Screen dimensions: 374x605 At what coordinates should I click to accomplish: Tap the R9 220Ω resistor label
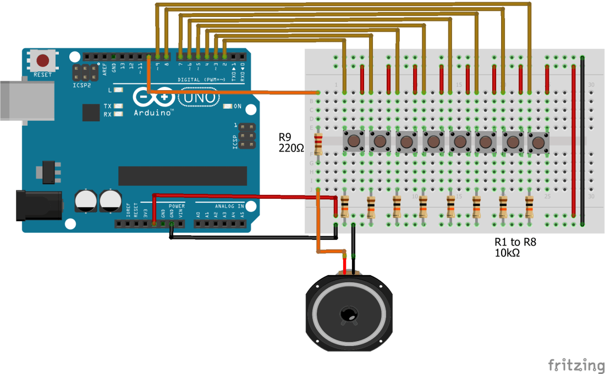[290, 142]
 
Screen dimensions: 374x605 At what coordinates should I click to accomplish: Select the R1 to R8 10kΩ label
[515, 248]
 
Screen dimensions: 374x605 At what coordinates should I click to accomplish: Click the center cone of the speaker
[348, 315]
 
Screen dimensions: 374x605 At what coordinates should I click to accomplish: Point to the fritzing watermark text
[576, 365]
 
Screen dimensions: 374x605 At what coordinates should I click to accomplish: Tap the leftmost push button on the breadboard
[354, 142]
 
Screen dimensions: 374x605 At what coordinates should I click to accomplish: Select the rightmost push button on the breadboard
[538, 142]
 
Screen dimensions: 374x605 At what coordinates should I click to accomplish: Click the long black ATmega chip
[182, 176]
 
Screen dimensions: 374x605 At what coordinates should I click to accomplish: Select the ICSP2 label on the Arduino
[81, 86]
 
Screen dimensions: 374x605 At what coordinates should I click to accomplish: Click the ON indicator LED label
[237, 106]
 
